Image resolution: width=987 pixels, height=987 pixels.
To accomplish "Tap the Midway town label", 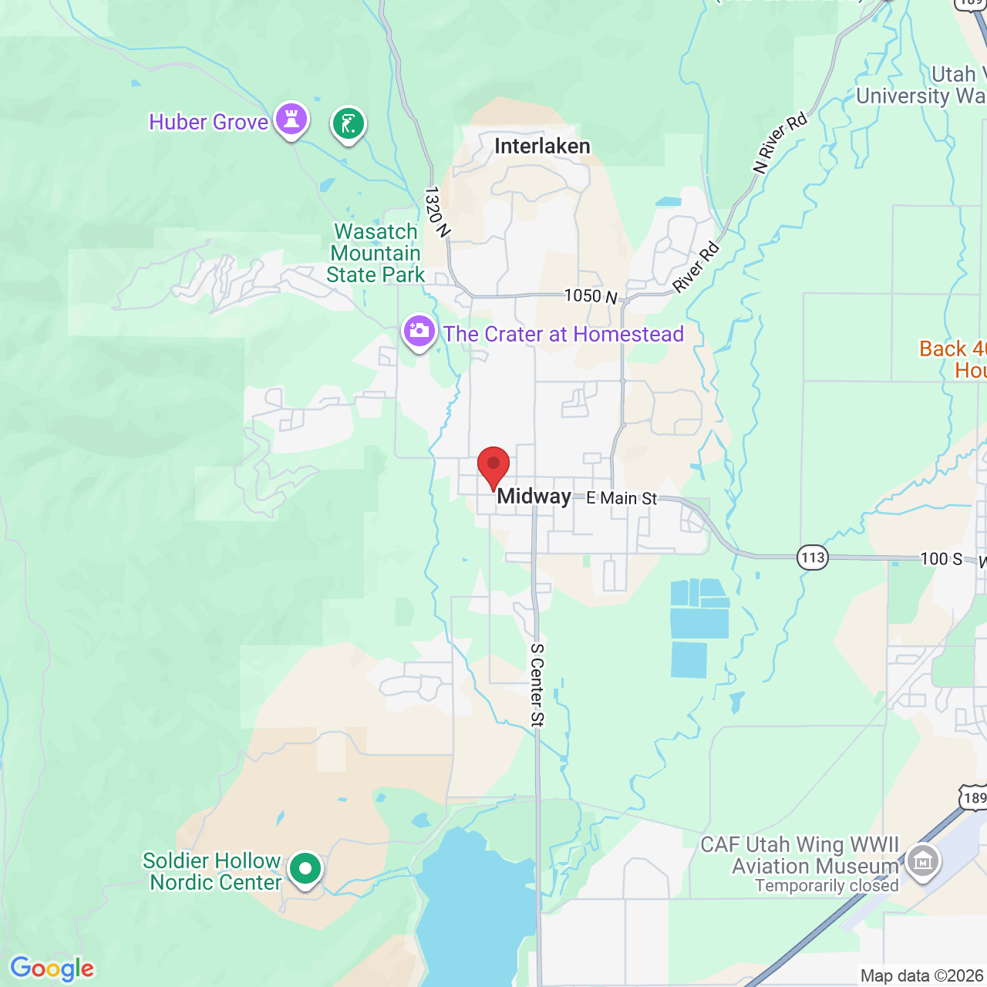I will tap(534, 497).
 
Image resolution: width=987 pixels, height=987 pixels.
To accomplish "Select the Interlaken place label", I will tap(542, 147).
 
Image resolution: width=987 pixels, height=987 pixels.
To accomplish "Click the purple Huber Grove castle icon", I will tap(291, 120).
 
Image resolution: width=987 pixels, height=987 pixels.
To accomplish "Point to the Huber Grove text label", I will tap(208, 123).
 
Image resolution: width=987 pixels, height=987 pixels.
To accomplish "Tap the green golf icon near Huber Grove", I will tap(349, 123).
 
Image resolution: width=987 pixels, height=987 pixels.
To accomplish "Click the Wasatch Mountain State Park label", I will tap(376, 253).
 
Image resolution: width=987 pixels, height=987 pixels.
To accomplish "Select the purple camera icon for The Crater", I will tap(419, 332).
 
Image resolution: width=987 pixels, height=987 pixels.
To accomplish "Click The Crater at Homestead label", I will tap(564, 335).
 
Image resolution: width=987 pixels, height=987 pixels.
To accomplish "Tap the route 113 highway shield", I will tap(813, 558).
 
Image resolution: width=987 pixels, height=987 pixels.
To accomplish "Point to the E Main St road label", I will tap(622, 498).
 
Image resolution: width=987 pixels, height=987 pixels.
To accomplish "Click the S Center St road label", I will tap(537, 685).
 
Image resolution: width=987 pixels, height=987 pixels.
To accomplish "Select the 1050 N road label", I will tap(591, 296).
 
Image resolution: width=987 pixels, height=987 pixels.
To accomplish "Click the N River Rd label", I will tap(780, 143).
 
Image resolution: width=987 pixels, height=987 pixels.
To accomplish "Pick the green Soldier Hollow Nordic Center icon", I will tap(305, 869).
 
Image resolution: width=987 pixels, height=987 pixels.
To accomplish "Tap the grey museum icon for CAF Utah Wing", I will tap(922, 860).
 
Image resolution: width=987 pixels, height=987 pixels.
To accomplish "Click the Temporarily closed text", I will tap(827, 886).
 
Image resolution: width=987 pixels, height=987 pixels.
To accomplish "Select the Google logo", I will tap(52, 968).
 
